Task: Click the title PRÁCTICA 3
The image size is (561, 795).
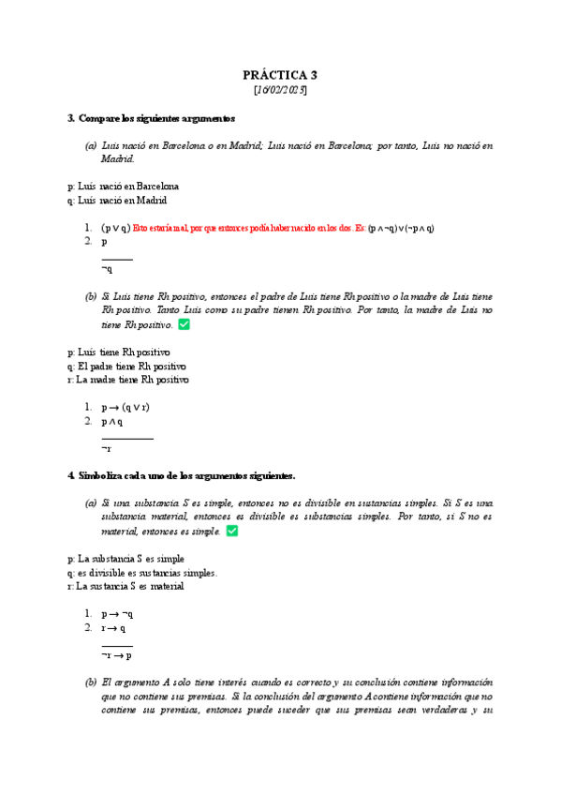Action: coord(280,75)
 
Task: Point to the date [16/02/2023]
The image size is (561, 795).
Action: coord(280,91)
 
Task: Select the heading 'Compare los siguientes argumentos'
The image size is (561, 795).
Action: coord(156,119)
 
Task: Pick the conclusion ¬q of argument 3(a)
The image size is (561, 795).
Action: coord(107,269)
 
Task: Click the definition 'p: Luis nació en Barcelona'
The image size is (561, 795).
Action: coord(124,187)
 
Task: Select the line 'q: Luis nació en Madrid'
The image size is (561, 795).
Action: coord(117,201)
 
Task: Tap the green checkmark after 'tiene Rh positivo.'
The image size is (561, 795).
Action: coord(185,324)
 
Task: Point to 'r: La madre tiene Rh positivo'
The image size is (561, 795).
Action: coord(128,380)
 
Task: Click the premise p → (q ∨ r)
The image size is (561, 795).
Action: coord(125,408)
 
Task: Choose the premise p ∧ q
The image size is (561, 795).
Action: coord(111,422)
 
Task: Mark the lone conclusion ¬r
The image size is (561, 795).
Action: coord(107,449)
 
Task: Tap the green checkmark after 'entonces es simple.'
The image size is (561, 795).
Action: coord(232,531)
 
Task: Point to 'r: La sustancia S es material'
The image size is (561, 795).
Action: coord(125,586)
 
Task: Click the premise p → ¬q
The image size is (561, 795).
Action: coord(117,614)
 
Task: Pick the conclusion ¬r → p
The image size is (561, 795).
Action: coord(117,655)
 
